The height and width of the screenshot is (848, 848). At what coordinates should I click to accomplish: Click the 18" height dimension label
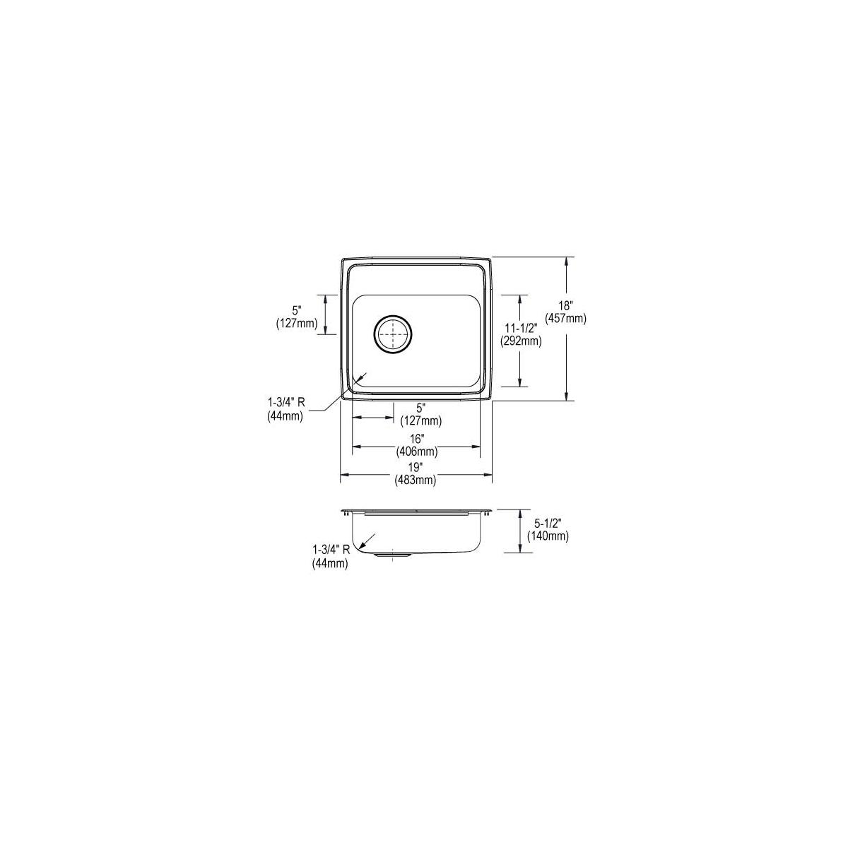coord(565,305)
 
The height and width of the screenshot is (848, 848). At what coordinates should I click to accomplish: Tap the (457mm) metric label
coord(565,319)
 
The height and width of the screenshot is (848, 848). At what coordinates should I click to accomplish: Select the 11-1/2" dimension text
coord(521,328)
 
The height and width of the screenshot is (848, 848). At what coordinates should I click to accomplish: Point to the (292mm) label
coord(521,341)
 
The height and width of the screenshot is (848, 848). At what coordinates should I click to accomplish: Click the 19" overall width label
coord(416,467)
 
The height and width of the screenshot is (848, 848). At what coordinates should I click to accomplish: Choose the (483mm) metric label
coord(416,480)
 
